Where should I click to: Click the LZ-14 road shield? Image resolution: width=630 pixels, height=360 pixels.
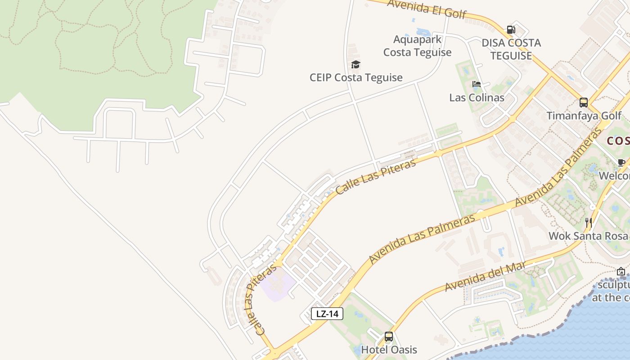coord(327,314)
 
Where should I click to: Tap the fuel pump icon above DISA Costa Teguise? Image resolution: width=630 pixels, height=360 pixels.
coord(511,30)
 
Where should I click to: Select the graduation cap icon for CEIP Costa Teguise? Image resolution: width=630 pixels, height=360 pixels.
coord(355,64)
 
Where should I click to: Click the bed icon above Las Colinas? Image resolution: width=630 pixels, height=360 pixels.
coord(477,84)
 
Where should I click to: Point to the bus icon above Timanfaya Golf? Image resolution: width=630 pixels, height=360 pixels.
coord(584,103)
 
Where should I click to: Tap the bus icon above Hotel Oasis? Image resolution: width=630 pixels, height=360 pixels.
coord(389,337)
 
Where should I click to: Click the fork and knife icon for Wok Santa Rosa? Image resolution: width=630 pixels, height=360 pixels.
coord(588,222)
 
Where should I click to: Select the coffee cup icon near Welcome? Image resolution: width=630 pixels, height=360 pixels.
coord(621,162)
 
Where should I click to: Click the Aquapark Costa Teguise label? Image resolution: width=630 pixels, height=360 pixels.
coord(417,46)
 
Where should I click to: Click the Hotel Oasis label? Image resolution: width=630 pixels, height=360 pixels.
coord(389,350)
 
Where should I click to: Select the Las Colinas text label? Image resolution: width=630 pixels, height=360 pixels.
coord(477,98)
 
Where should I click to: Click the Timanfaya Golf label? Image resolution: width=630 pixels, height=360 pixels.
coord(584,116)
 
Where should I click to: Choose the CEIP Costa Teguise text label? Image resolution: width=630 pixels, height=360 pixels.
coord(356,77)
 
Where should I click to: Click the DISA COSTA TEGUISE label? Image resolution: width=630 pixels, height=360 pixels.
coord(511,49)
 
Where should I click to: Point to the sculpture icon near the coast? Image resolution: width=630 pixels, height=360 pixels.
coord(621,271)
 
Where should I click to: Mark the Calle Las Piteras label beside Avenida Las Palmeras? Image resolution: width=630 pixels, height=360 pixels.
coord(375,177)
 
